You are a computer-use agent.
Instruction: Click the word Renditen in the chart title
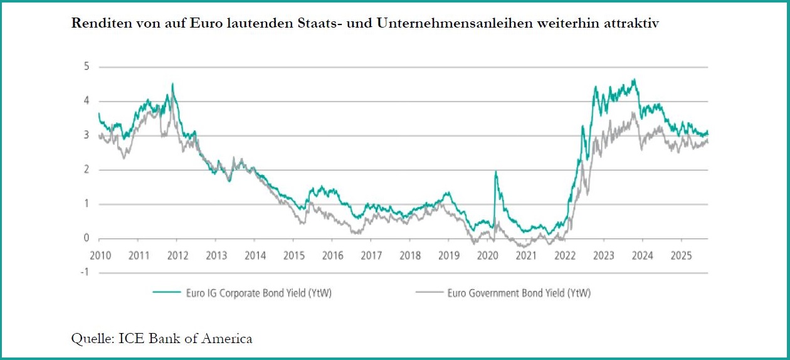pos(98,24)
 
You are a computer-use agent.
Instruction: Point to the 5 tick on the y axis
pos(87,66)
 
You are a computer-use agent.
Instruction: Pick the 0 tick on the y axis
pos(87,238)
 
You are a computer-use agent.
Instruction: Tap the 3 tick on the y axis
pos(87,135)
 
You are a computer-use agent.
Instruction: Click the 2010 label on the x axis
pos(100,255)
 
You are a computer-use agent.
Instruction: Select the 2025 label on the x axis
pos(681,255)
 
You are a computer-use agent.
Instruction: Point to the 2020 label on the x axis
pos(487,255)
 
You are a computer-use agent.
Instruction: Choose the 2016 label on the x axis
pos(332,255)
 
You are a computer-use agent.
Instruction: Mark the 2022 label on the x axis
pos(565,255)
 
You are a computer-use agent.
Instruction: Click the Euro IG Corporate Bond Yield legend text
pos(258,292)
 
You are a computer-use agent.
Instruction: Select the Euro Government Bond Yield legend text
pos(519,292)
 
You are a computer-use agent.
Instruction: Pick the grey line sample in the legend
pos(431,292)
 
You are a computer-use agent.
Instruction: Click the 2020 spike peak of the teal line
pos(496,171)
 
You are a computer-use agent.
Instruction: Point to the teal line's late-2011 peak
pos(172,84)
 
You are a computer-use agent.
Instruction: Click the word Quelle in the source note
pos(89,339)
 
